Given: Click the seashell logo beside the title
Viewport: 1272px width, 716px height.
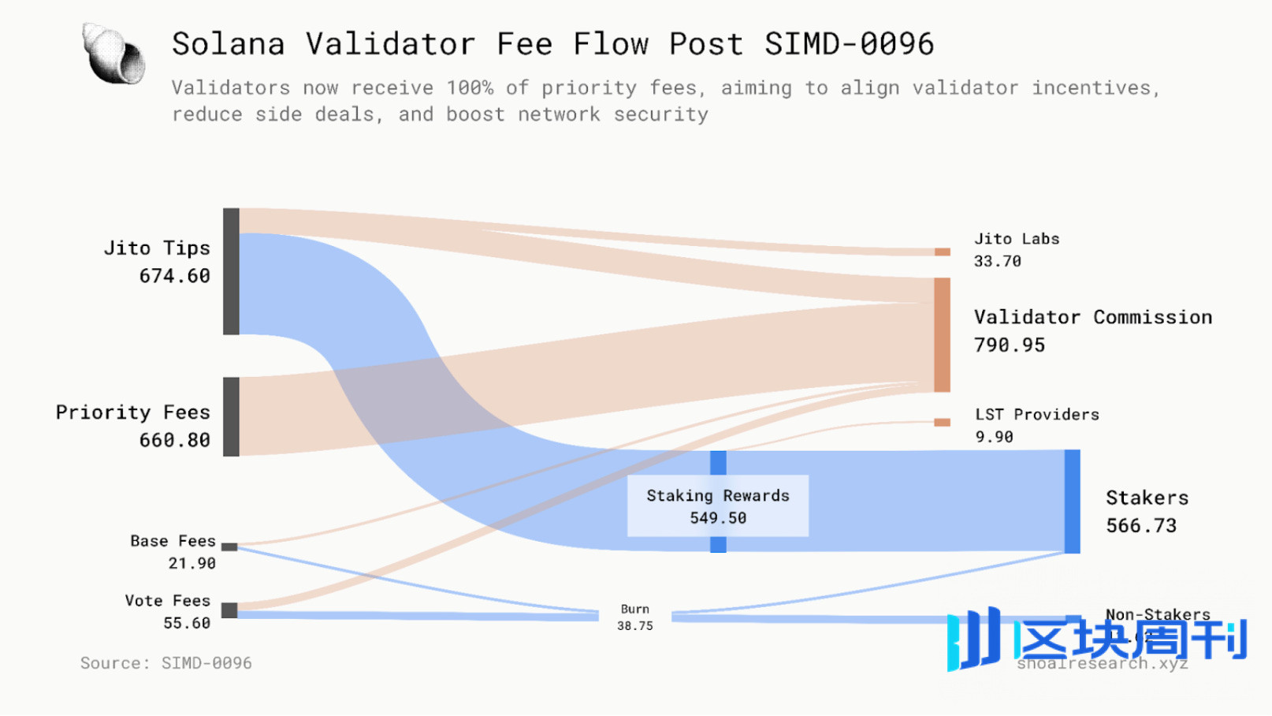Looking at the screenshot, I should point(113,54).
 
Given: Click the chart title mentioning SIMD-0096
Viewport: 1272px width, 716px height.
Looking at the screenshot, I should point(552,44).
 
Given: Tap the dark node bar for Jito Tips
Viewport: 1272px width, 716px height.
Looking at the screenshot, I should point(231,271).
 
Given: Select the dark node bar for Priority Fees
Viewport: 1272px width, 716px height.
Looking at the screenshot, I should point(231,416).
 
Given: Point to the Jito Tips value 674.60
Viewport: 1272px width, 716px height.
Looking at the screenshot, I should point(174,276).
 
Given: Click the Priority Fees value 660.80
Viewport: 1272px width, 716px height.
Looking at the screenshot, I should point(174,440).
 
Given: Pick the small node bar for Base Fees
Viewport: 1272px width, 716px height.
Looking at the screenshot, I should point(229,546).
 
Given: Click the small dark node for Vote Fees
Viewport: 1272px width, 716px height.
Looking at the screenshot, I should point(229,610).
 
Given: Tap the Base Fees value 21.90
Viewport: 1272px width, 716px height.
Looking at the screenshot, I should point(192,563).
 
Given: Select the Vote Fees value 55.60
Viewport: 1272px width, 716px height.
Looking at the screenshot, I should point(187,623).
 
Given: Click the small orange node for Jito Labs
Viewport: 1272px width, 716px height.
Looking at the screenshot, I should point(942,252).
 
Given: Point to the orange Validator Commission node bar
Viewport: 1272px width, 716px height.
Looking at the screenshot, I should point(942,334).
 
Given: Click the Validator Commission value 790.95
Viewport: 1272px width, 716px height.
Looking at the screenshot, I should point(1010,345).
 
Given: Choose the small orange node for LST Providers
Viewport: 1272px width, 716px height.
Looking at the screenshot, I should point(942,423).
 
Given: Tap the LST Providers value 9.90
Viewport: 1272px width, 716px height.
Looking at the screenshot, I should point(994,437).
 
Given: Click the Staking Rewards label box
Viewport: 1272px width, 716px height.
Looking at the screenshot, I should point(718,506).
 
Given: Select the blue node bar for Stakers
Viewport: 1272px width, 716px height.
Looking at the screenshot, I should point(1072,502).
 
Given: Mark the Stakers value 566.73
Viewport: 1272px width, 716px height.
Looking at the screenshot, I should point(1141,526).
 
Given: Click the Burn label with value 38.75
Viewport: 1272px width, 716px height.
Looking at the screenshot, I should point(634,617).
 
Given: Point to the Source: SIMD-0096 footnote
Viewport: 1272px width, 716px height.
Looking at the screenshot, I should point(166,663).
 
